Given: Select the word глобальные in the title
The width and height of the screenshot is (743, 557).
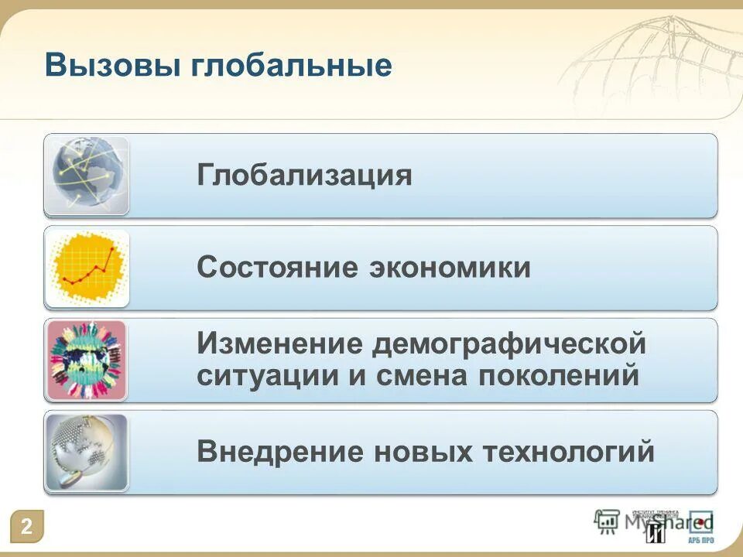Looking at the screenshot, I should (290, 65).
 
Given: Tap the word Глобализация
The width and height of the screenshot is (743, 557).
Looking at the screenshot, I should (304, 176).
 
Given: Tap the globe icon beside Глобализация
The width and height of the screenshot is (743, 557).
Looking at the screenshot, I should (87, 176).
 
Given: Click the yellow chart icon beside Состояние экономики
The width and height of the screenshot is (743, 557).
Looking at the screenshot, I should (87, 268).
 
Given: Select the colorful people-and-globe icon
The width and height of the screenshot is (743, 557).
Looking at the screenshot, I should (87, 360).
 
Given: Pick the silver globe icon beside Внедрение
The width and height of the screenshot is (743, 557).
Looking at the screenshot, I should (87, 452).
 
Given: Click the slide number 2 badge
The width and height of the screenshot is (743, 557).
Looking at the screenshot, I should (27, 527).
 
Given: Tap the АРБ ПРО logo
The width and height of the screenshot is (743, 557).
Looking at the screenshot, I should (701, 528).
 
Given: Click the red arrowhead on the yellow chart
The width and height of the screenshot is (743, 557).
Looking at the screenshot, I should (114, 249).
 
